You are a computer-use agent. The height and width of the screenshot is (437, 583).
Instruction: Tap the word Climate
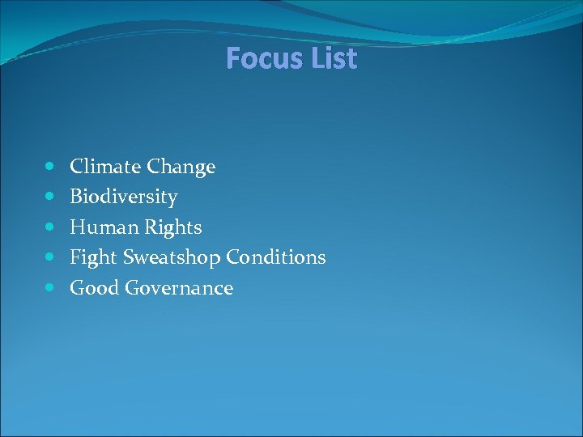click(x=105, y=167)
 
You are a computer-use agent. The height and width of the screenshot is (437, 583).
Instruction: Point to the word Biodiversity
click(x=124, y=197)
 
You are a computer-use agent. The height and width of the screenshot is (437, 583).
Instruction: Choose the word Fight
click(x=93, y=258)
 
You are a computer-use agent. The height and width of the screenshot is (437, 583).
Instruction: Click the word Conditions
click(x=276, y=257)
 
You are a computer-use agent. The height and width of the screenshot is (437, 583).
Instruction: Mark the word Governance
click(x=179, y=287)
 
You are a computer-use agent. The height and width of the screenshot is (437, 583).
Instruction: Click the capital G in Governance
click(x=133, y=287)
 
